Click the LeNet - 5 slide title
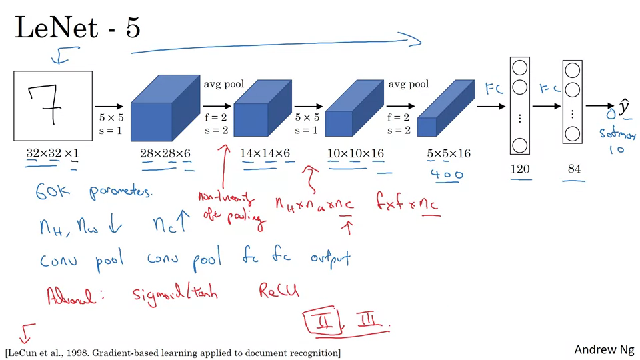click(x=77, y=28)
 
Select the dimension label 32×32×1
click(x=52, y=154)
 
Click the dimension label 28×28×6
click(x=165, y=154)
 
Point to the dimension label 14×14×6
click(x=265, y=154)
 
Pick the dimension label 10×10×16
click(x=356, y=154)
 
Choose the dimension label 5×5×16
click(x=449, y=154)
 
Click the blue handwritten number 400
click(x=447, y=175)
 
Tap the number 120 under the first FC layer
click(x=520, y=169)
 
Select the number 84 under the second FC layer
click(x=574, y=169)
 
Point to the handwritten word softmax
click(x=617, y=134)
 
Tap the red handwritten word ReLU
click(x=279, y=291)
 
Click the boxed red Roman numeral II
click(x=324, y=321)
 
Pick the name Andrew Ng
click(x=604, y=349)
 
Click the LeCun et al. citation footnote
click(x=173, y=352)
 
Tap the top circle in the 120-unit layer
click(x=520, y=68)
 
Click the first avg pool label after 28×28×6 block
click(x=224, y=84)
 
